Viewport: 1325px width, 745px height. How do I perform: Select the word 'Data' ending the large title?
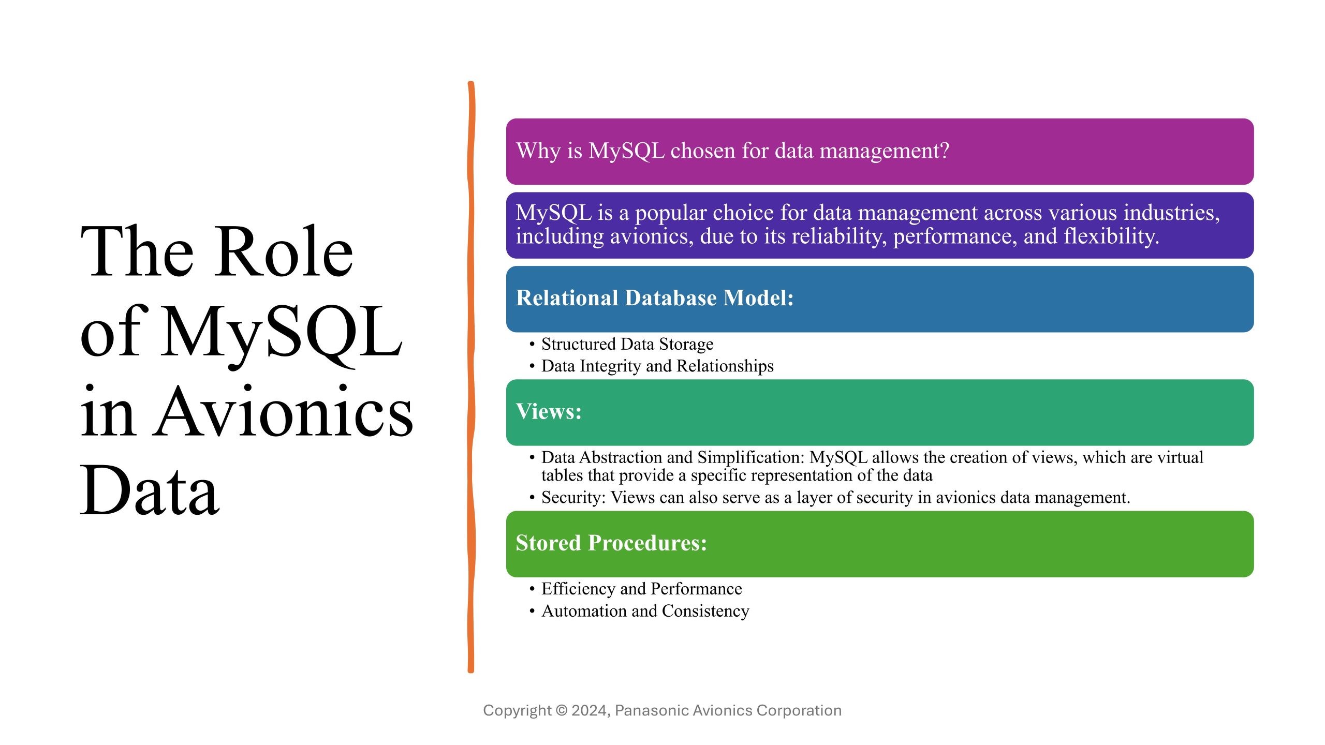150,490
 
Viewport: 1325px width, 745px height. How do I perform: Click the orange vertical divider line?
470,377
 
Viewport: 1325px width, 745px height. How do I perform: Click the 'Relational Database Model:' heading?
655,298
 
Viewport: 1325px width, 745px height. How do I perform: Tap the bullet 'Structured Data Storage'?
627,344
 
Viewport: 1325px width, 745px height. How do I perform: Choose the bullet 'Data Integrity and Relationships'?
657,366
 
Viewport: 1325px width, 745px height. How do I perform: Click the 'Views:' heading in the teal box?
549,412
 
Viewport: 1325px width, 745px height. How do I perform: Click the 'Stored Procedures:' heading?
611,543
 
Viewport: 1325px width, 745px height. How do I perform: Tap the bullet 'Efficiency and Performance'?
642,589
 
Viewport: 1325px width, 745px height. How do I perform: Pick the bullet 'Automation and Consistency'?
645,612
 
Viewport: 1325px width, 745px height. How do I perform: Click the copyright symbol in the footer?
562,710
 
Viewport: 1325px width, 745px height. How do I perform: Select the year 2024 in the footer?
589,710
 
